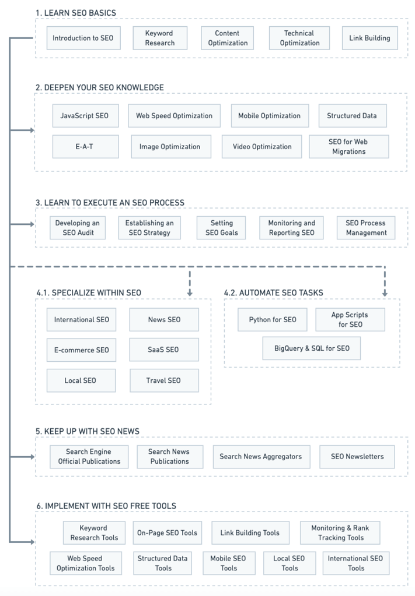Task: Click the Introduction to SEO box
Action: [83, 38]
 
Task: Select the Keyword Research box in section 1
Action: [160, 38]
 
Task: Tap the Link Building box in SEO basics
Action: [369, 38]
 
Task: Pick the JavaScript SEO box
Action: [85, 115]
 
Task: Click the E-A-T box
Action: [85, 146]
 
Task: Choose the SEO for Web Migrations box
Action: [349, 146]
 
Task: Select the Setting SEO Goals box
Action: [221, 228]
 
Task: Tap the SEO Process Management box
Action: [366, 228]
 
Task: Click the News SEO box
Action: [164, 320]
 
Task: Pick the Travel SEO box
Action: [164, 380]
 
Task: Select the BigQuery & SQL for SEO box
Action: [312, 348]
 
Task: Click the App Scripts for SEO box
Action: [350, 320]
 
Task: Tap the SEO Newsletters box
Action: [357, 457]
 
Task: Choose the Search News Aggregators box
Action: [261, 457]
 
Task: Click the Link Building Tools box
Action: [250, 532]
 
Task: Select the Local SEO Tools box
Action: [290, 563]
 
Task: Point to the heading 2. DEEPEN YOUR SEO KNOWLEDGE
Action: [100, 87]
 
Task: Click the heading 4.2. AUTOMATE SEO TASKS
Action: [273, 292]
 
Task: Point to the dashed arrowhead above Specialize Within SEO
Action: [190, 293]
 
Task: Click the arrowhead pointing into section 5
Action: [32, 457]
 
